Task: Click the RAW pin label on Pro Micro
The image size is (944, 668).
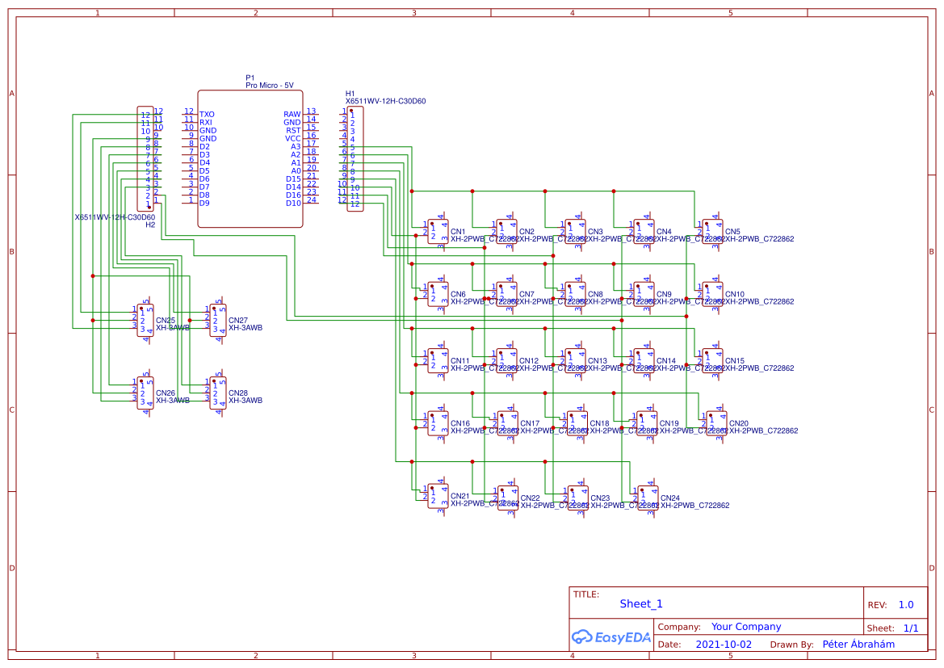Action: pyautogui.click(x=292, y=115)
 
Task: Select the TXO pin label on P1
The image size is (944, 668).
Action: pyautogui.click(x=207, y=115)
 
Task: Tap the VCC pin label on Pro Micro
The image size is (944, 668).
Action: pyautogui.click(x=292, y=139)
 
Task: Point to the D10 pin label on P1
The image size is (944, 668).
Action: pyautogui.click(x=292, y=204)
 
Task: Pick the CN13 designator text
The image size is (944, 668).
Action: pyautogui.click(x=598, y=361)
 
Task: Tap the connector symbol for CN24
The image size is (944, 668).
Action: pyautogui.click(x=648, y=498)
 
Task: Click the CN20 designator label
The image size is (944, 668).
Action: pyautogui.click(x=738, y=423)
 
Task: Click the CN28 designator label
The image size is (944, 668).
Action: pyautogui.click(x=238, y=393)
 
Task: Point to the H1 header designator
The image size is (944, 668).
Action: pyautogui.click(x=350, y=94)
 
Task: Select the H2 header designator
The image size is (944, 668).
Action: pyautogui.click(x=150, y=225)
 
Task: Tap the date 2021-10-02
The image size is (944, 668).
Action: pyautogui.click(x=724, y=645)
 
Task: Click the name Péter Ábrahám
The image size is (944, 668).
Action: pyautogui.click(x=858, y=645)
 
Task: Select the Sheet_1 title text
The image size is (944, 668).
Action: pyautogui.click(x=641, y=603)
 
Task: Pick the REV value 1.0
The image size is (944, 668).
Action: pyautogui.click(x=906, y=604)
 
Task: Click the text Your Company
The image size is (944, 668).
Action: pyautogui.click(x=746, y=627)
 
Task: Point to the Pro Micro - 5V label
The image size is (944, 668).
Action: pyautogui.click(x=270, y=85)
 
